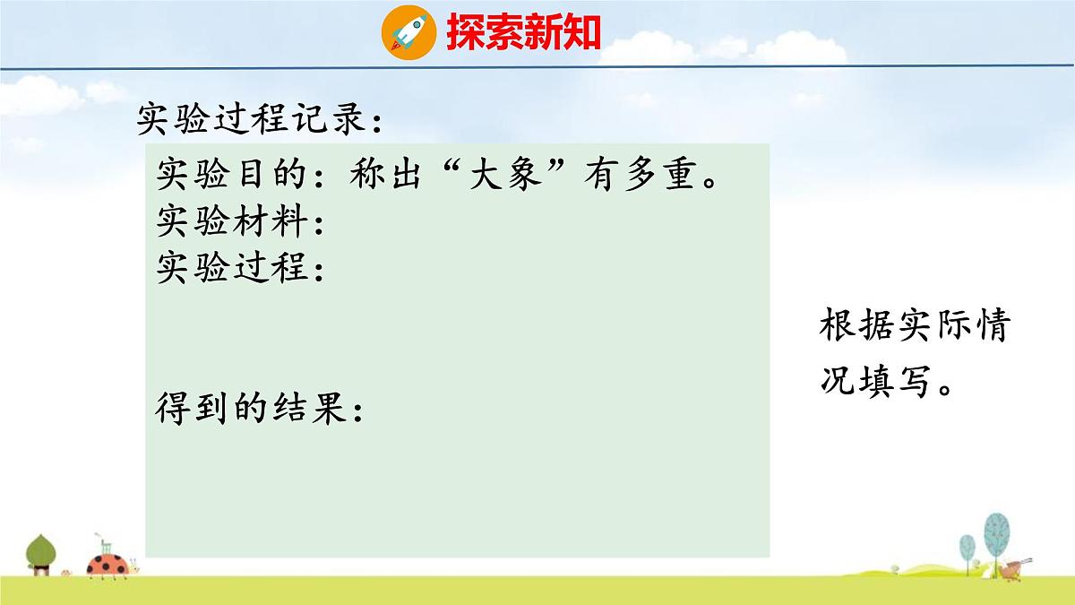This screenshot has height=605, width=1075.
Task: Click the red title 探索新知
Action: tap(524, 32)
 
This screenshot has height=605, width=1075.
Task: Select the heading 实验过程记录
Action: tap(260, 117)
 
